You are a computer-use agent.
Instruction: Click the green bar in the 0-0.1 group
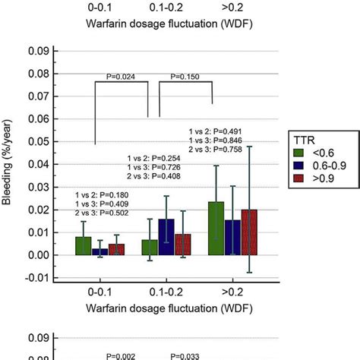[x=83, y=246]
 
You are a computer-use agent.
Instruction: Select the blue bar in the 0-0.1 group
[x=99, y=251]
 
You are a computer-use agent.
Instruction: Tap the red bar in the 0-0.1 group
[x=115, y=249]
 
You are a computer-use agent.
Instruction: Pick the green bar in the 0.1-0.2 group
[x=150, y=248]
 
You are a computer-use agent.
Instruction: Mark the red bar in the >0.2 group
[x=249, y=232]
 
